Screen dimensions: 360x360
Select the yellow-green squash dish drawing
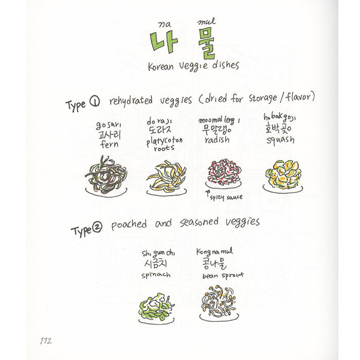coord(283,174)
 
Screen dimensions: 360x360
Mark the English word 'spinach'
coord(155,276)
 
